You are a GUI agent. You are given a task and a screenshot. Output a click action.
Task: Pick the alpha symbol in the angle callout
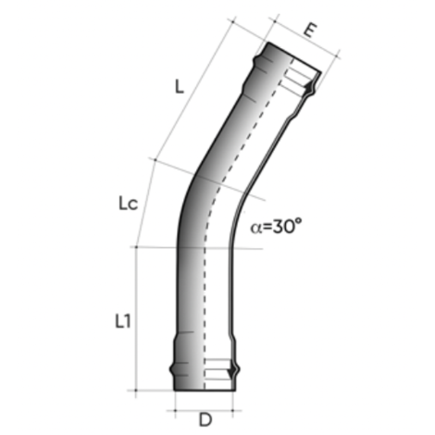click(257, 228)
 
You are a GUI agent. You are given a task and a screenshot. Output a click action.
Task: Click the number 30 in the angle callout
click(282, 227)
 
